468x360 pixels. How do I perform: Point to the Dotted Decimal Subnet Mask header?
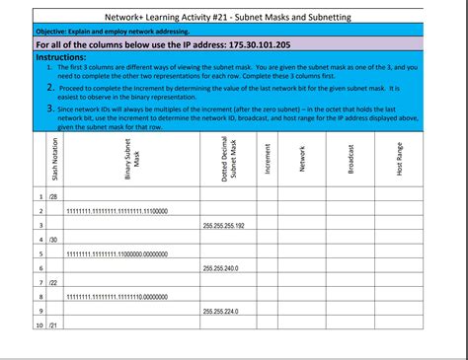(x=226, y=160)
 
